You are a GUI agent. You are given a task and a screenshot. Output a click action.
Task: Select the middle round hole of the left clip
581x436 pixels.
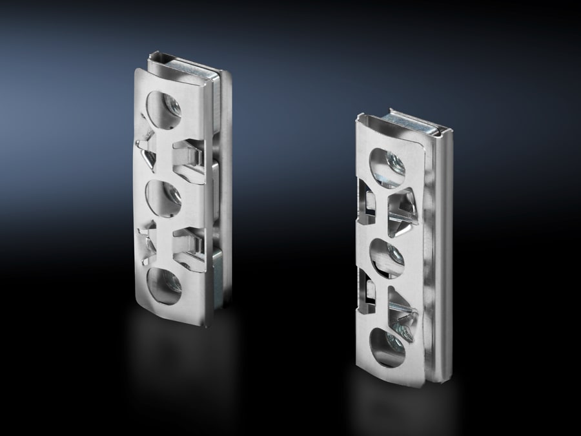tap(165, 197)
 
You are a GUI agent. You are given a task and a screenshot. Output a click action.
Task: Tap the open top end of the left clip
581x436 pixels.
tap(187, 65)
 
